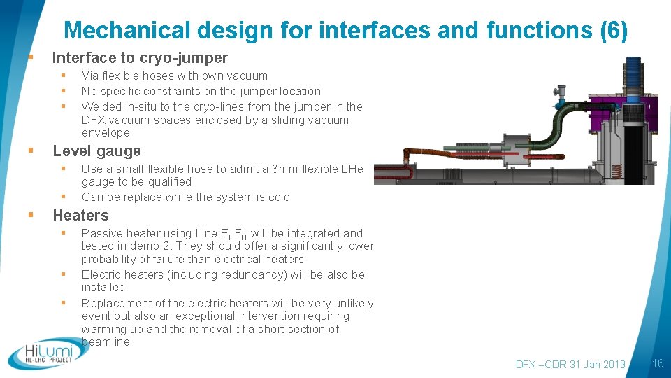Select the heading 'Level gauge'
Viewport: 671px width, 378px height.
(x=96, y=151)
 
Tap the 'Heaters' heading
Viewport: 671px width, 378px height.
(x=80, y=216)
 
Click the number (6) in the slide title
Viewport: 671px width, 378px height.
(x=613, y=31)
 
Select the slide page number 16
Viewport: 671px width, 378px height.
(x=657, y=363)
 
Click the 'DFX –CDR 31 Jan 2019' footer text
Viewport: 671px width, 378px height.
(x=570, y=364)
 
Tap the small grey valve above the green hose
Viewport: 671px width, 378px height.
(x=561, y=92)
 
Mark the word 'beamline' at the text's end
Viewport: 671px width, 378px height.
(x=106, y=342)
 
